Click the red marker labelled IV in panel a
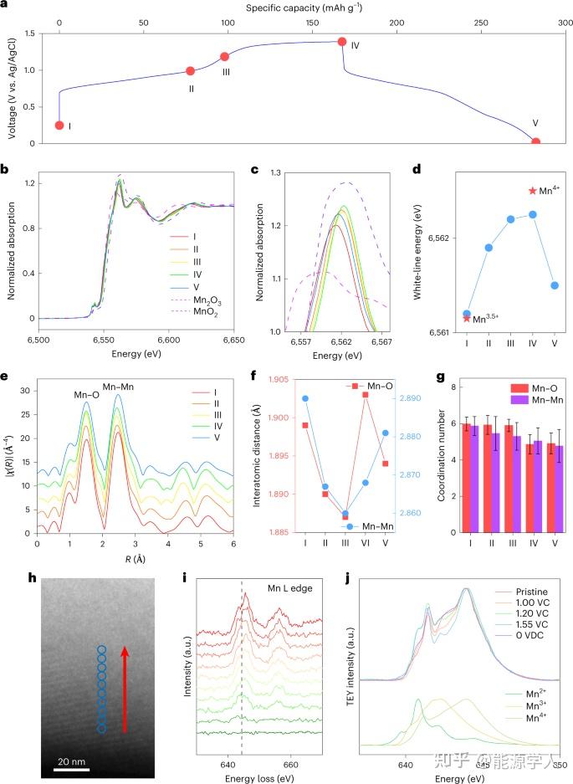[341, 42]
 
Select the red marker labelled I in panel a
[59, 126]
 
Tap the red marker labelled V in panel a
[535, 142]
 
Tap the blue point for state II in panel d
[489, 247]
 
